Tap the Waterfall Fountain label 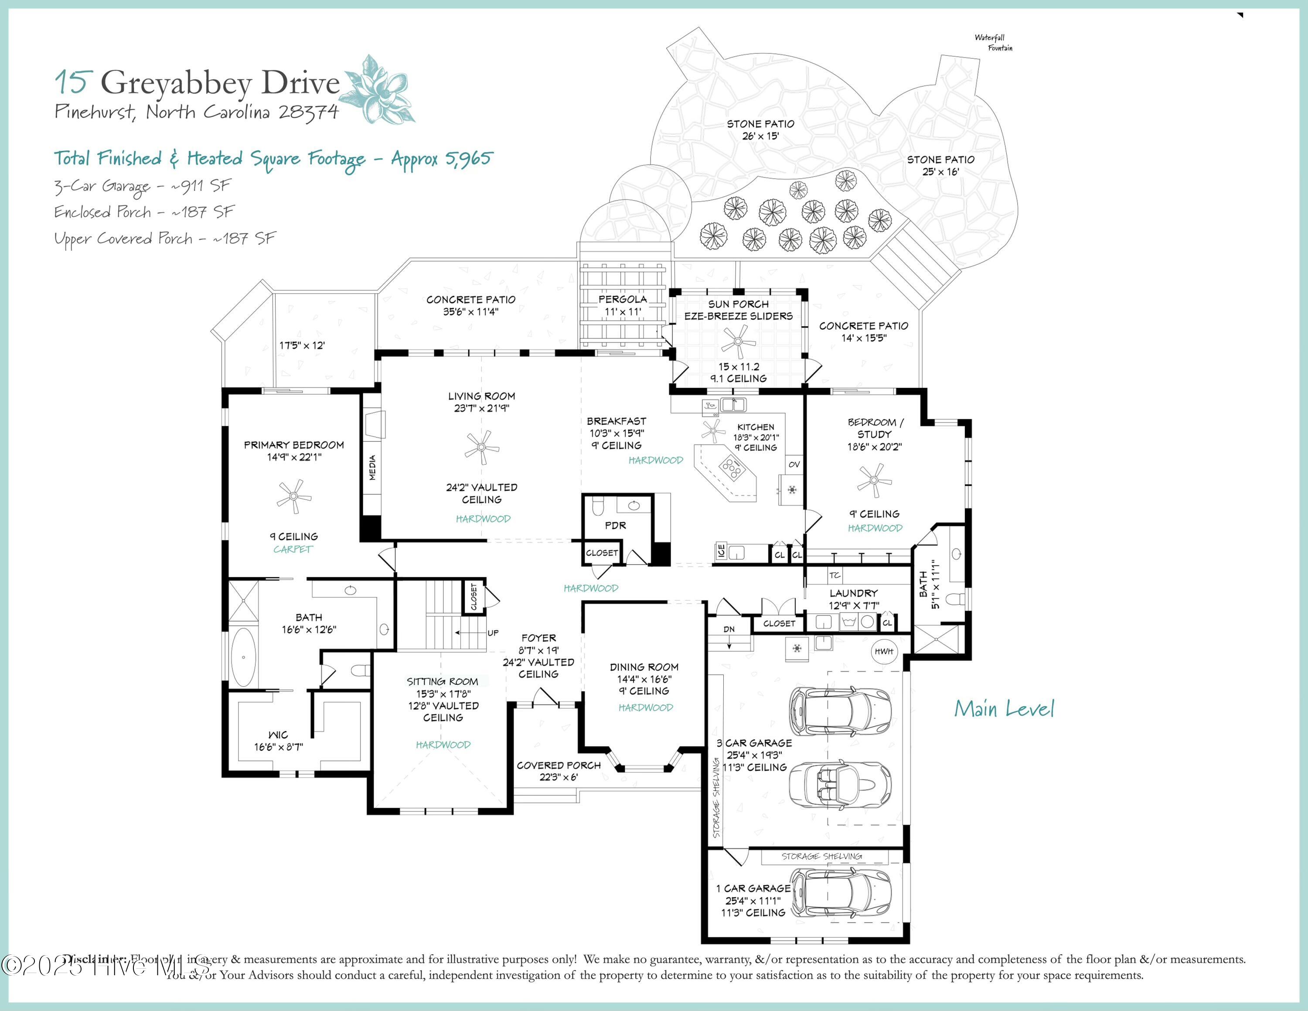[993, 42]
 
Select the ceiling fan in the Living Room [481, 447]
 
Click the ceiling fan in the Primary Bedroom [293, 496]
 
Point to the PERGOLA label [623, 299]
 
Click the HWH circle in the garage [884, 651]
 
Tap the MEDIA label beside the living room [372, 468]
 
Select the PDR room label [615, 525]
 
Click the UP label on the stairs [493, 632]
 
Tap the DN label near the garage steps [729, 629]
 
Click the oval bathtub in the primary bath [243, 656]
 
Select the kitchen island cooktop [732, 467]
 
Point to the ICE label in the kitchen [721, 550]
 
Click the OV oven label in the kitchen [794, 464]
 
